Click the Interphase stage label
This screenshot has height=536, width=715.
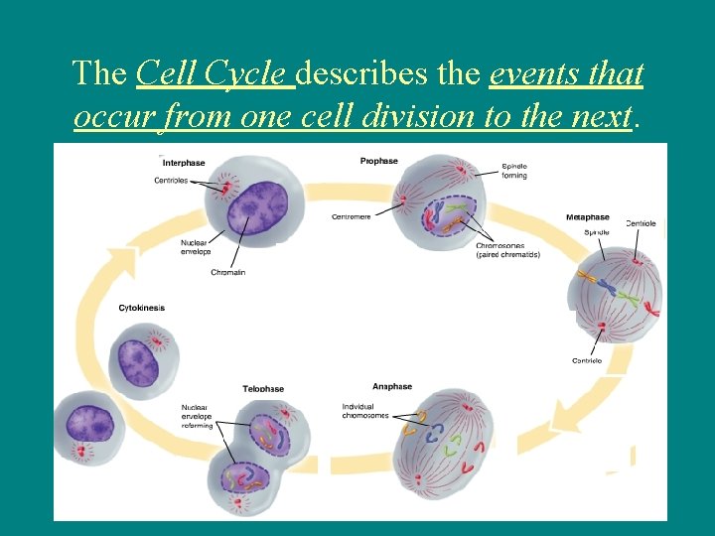(x=184, y=163)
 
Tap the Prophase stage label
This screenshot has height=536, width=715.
(x=378, y=161)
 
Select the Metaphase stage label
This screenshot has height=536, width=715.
(x=587, y=217)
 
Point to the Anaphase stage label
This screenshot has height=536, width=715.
(x=391, y=386)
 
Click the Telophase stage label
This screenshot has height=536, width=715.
(x=263, y=389)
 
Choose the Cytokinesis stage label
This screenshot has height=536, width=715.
(x=141, y=308)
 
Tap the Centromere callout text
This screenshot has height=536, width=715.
(x=352, y=217)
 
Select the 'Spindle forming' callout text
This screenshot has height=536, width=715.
(x=514, y=171)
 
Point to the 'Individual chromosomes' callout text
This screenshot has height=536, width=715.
(x=364, y=411)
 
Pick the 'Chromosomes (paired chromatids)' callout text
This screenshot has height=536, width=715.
(x=507, y=250)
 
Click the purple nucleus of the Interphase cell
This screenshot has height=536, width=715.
(x=256, y=204)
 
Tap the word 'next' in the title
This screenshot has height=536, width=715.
(x=602, y=117)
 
